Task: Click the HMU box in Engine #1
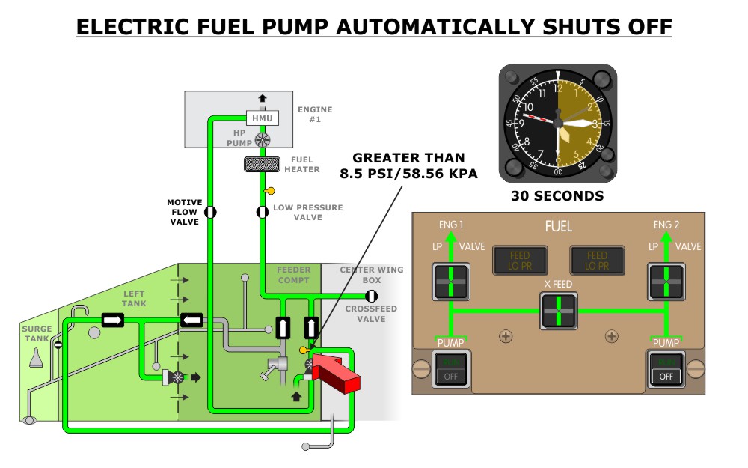point(262,118)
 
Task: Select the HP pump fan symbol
point(262,140)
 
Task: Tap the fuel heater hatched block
point(263,164)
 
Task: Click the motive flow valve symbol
point(210,212)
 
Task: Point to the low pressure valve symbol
point(263,212)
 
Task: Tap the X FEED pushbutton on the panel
point(559,309)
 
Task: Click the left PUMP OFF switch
point(451,370)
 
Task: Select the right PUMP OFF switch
point(666,370)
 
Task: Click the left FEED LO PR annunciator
point(519,261)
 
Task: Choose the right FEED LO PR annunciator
point(597,261)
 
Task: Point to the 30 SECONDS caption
point(557,197)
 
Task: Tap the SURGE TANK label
point(37,333)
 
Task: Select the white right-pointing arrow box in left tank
point(112,320)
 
